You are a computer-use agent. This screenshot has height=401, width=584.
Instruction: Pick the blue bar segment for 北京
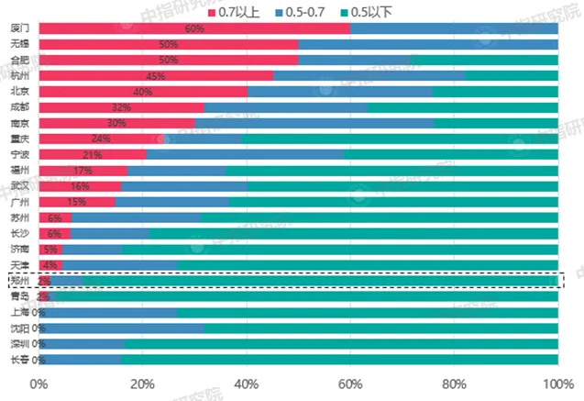point(339,92)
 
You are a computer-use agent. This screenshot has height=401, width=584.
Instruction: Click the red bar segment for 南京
point(116,123)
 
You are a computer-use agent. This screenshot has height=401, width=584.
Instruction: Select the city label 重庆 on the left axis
point(19,139)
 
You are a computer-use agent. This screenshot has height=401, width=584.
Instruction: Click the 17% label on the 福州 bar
point(83,171)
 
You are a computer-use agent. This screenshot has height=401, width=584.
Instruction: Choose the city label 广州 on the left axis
point(19,202)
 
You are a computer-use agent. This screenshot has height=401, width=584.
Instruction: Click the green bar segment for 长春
point(339,359)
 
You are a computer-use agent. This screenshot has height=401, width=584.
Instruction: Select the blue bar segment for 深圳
point(82,343)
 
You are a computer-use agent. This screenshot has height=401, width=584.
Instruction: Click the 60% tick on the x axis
point(350,384)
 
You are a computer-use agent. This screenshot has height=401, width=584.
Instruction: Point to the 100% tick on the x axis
point(557,384)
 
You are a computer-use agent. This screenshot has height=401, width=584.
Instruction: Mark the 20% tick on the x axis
point(143,384)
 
